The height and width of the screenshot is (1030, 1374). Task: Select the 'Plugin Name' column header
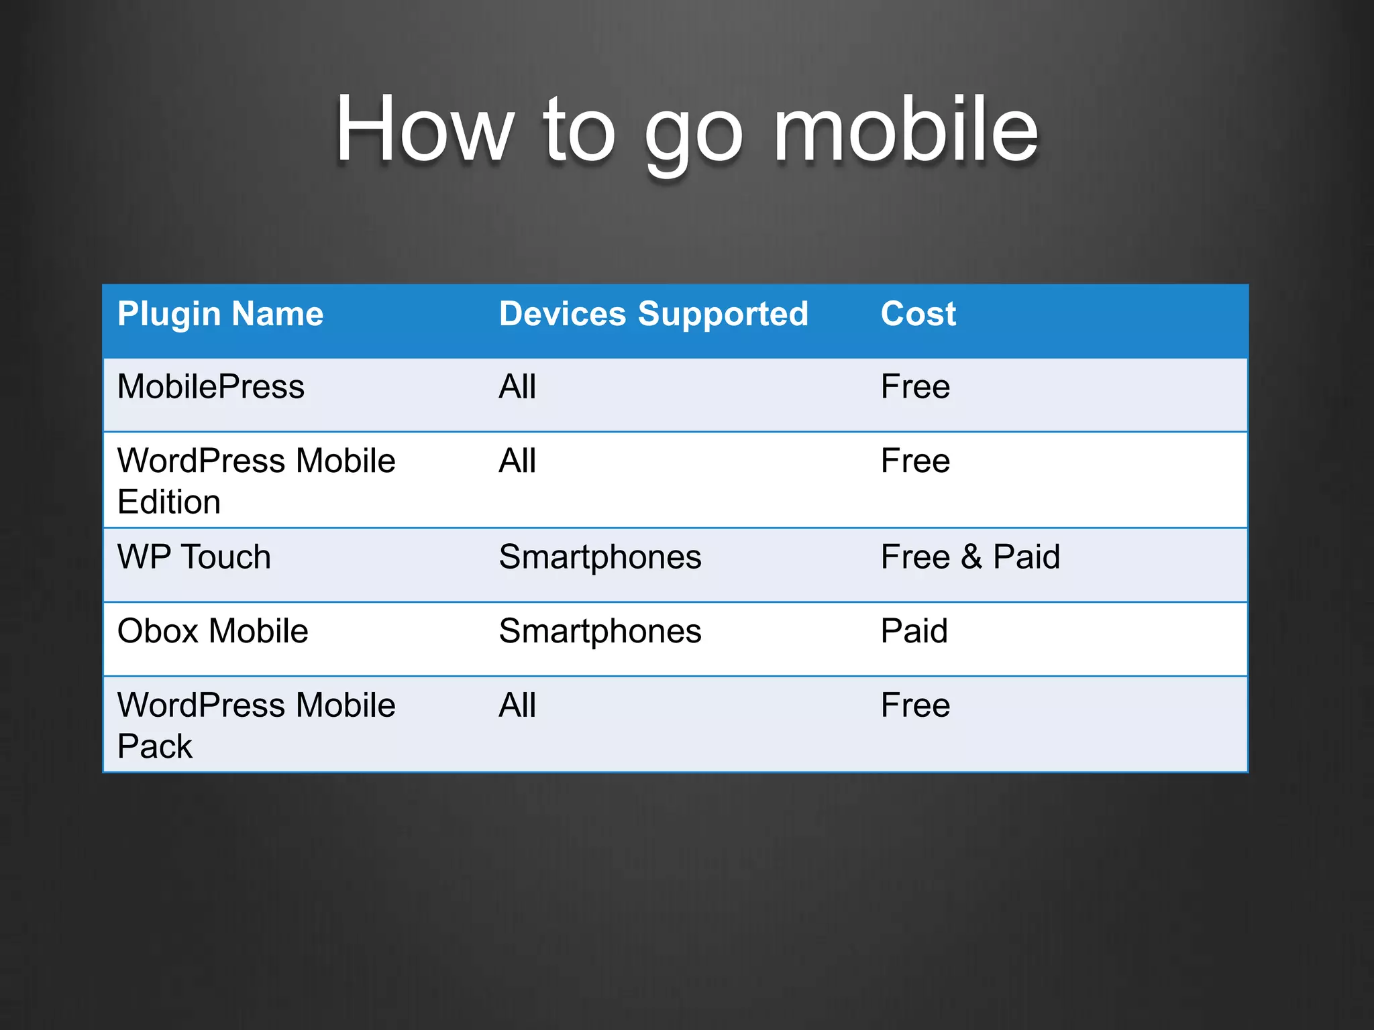click(220, 314)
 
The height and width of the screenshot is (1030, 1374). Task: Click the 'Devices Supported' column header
click(653, 314)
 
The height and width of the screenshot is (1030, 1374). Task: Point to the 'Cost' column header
click(918, 314)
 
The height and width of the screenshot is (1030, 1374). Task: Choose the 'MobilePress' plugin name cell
click(211, 387)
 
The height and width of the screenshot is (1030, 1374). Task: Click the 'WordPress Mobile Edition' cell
click(256, 481)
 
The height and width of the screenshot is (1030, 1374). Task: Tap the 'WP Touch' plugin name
click(194, 557)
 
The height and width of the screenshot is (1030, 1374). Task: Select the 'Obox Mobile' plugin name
click(213, 631)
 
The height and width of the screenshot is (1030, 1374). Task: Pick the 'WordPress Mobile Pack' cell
click(256, 725)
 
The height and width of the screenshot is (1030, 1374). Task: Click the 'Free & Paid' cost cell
click(970, 557)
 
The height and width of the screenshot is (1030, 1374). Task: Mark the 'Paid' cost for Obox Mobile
click(914, 631)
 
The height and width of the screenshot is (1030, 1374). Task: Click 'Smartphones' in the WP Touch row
click(600, 557)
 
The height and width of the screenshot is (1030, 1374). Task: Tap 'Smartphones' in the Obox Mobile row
click(600, 631)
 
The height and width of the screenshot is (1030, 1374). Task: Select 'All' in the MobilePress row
click(517, 387)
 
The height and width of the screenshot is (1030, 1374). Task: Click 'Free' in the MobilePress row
click(915, 387)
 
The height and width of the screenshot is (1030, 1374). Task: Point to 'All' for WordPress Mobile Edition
click(517, 461)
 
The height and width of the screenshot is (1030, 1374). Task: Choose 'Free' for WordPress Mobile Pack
click(915, 705)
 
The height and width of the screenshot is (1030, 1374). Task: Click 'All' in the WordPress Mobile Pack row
click(517, 705)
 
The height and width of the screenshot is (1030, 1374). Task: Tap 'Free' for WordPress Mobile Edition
click(915, 461)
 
